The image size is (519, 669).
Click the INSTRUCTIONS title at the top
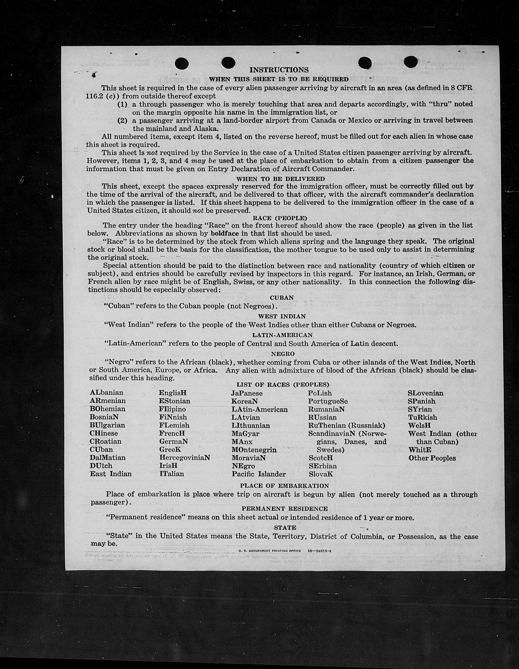pos(279,70)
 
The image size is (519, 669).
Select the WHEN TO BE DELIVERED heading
pos(280,178)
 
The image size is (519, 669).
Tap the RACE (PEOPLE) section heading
pos(280,218)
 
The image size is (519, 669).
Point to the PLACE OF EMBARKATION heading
pos(284,486)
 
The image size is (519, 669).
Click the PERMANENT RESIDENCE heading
pos(285,509)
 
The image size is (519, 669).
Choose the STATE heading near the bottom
pos(285,528)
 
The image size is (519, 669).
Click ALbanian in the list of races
pos(106,393)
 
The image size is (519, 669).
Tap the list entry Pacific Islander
pos(259,474)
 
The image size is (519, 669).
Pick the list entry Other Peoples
pos(432,458)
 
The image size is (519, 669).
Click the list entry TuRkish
pos(422,417)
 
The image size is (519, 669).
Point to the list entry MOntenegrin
pos(254,450)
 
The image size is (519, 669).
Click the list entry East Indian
pos(110,474)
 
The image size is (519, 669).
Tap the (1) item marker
pos(122,104)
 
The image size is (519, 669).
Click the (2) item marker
pos(122,120)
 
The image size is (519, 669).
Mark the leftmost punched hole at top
pos(182,63)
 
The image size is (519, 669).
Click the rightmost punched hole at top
pos(410,62)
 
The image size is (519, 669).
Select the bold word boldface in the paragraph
pos(225,233)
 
